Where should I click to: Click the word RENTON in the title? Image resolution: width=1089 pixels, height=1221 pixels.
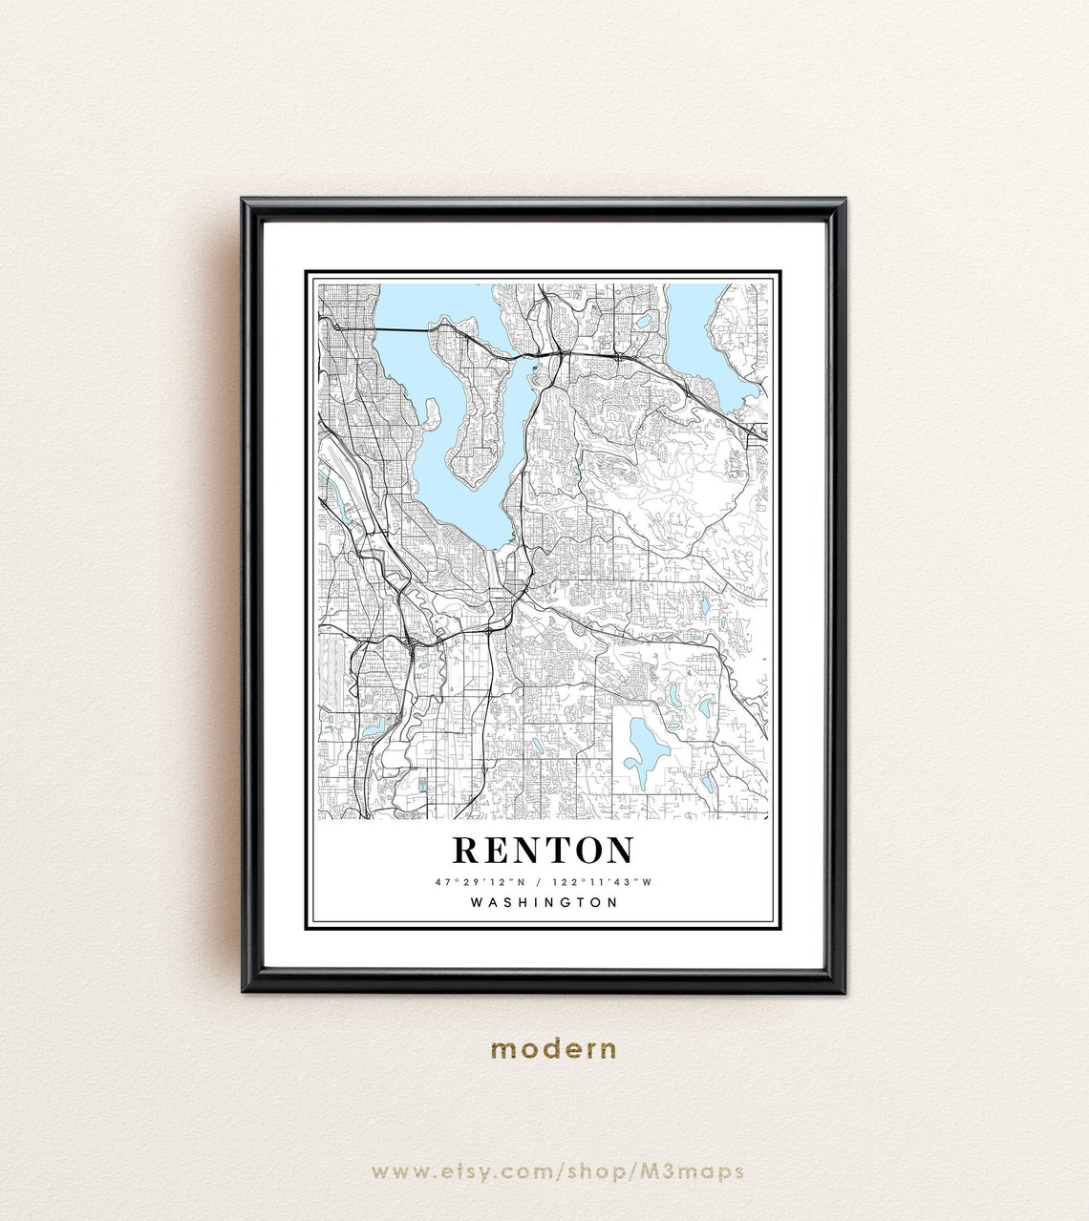pos(543,850)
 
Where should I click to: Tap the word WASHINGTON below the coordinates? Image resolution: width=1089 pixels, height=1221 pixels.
pos(544,902)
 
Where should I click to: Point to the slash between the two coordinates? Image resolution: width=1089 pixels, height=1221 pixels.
pos(543,882)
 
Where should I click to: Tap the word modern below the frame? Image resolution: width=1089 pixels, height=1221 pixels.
pos(554,1049)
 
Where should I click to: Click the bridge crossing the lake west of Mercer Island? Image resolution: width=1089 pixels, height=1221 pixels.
pos(401,330)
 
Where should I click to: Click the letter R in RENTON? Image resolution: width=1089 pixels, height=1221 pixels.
pos(467,850)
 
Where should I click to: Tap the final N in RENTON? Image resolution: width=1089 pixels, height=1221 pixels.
pos(618,850)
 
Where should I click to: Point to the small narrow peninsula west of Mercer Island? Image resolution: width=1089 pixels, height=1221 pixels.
pos(429,414)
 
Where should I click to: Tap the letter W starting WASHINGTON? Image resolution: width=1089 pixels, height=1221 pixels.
pos(477,902)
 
